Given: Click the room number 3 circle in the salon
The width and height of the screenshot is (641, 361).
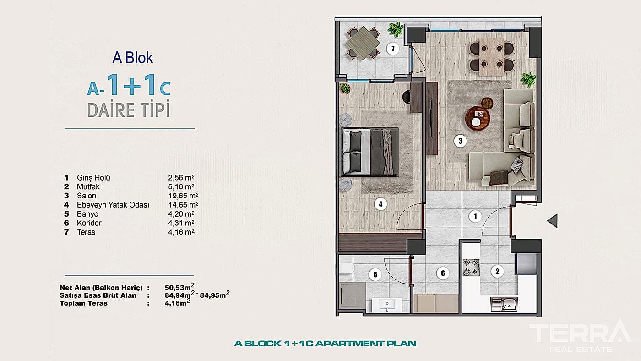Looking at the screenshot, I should tap(460, 141).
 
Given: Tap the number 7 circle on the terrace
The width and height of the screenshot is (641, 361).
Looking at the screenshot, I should tap(392, 48).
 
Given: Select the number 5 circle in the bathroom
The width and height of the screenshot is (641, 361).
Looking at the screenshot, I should tap(375, 274).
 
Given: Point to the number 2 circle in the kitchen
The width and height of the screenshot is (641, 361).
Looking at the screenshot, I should tap(497, 272).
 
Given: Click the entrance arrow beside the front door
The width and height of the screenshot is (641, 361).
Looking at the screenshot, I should tap(553, 221).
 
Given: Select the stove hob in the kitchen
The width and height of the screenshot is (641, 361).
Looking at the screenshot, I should tap(471, 268).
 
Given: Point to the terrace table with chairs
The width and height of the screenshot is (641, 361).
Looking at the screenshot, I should tap(362, 43).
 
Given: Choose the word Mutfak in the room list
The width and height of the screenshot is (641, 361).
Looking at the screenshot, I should tap(88, 187).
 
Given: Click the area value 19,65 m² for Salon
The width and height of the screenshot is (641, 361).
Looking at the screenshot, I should tap(181, 196).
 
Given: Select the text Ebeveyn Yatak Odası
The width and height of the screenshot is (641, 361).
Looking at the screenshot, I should tap(113, 205).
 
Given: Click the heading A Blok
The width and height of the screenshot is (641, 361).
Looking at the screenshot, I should tap(132, 58).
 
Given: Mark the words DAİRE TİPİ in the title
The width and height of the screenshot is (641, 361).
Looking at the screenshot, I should tap(129, 110).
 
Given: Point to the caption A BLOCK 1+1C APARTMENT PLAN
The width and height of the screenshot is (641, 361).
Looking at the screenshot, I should tap(325, 343).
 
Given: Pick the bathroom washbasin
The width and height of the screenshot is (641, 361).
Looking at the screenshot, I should tap(387, 305).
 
